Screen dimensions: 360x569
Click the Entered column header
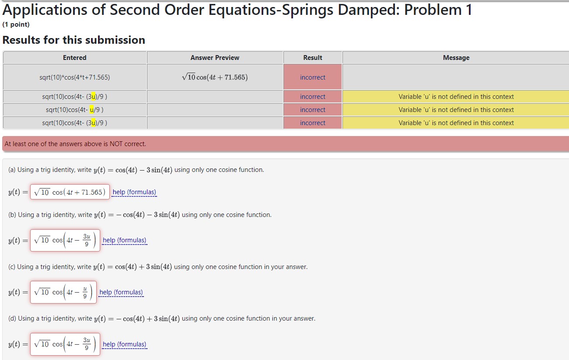[74, 58]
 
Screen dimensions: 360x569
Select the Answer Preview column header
[215, 58]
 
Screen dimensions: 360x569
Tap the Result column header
[312, 58]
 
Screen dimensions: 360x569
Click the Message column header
[456, 58]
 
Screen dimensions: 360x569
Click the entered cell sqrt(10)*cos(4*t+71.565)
[74, 77]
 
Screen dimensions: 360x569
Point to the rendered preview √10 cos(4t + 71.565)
[215, 77]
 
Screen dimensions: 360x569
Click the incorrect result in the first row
[312, 77]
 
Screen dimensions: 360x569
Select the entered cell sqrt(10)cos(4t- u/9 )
[74, 110]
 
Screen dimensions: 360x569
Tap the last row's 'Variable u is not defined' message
[456, 123]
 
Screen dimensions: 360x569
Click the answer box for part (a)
[70, 192]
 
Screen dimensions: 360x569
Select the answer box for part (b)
[65, 240]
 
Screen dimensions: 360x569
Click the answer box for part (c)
[63, 292]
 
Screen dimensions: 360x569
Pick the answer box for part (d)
[65, 344]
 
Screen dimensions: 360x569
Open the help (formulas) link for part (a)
[134, 192]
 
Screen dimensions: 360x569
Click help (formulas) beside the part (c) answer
[121, 292]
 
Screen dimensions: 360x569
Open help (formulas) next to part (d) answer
[125, 344]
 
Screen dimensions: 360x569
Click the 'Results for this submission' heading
[74, 40]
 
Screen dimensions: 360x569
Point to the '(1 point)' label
[16, 24]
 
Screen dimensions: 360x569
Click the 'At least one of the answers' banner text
[75, 144]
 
